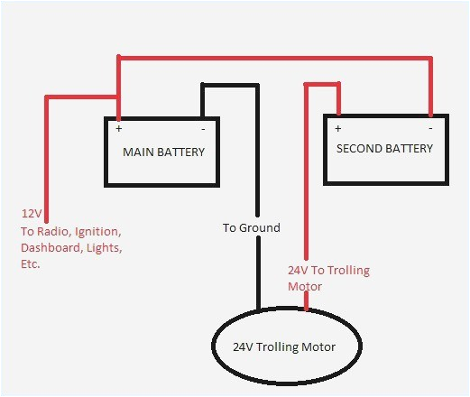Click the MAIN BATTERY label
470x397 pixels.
[x=163, y=152]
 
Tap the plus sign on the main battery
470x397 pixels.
[x=118, y=129]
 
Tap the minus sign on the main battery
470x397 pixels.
[x=202, y=128]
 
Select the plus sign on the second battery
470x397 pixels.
[x=336, y=128]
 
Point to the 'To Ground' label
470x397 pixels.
[x=251, y=227]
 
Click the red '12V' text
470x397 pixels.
[x=31, y=215]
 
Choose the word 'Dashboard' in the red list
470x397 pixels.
[x=50, y=246]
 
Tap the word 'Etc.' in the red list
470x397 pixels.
[x=31, y=265]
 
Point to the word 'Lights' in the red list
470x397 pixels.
[x=106, y=246]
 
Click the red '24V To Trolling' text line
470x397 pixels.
[x=328, y=270]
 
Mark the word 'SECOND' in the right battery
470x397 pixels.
[x=358, y=148]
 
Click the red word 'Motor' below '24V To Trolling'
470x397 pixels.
[x=303, y=285]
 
